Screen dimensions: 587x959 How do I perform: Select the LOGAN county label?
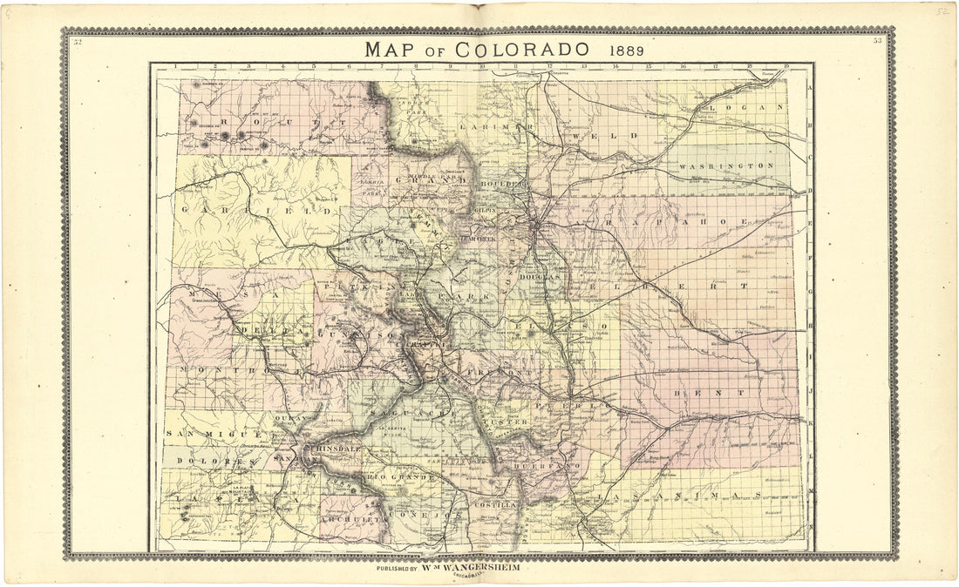click(746, 108)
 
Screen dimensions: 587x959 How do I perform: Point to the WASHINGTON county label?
click(726, 165)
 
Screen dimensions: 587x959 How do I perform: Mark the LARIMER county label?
click(496, 127)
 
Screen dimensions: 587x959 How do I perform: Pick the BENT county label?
click(707, 393)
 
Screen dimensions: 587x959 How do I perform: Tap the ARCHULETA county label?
click(352, 518)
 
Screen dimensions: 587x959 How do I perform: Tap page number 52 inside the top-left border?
click(78, 41)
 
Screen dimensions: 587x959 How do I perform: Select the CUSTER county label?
click(506, 422)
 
